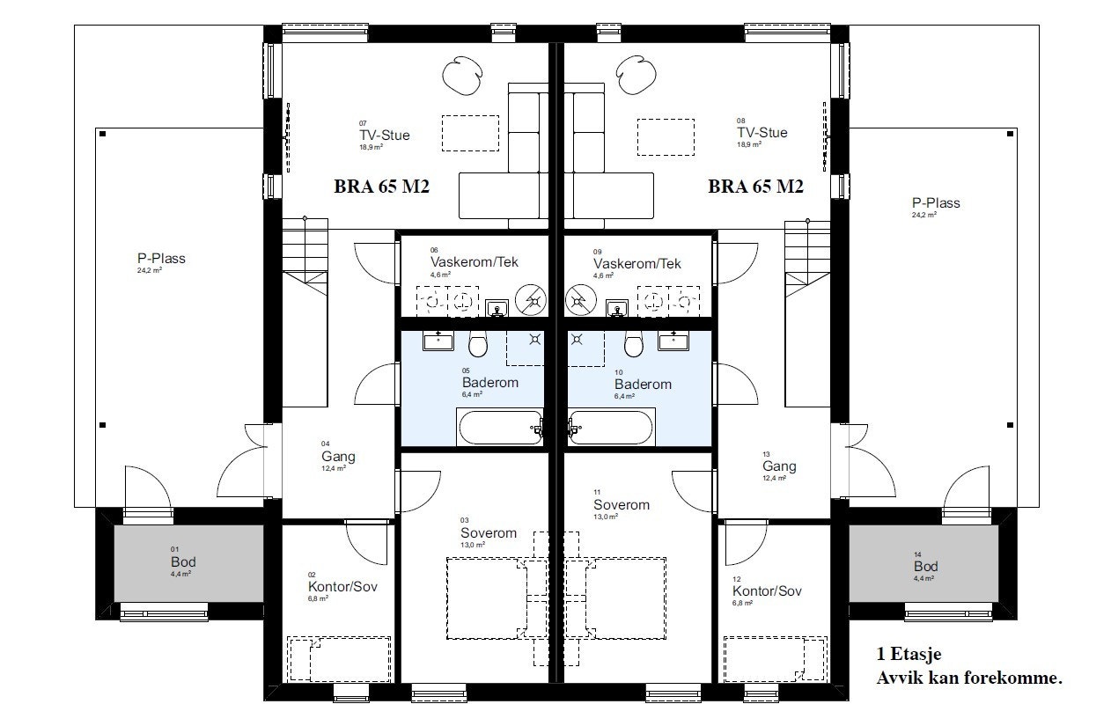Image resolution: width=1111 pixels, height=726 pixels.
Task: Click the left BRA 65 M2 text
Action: point(381,187)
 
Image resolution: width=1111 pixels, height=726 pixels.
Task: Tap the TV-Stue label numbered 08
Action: point(762,133)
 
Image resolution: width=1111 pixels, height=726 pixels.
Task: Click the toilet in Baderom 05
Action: point(478,343)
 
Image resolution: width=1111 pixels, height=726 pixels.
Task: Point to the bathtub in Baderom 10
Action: point(610,429)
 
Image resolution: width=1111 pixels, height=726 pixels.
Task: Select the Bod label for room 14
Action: point(925,566)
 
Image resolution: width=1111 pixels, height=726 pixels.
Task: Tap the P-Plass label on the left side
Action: point(161,259)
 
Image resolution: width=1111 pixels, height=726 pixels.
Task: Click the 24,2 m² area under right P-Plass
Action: point(923,215)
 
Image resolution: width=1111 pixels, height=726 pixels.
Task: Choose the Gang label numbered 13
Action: point(779,466)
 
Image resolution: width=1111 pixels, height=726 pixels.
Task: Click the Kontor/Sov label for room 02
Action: point(342,587)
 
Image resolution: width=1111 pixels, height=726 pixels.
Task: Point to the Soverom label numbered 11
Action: point(621,505)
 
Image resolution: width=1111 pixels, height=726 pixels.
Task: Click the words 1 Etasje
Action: point(909,656)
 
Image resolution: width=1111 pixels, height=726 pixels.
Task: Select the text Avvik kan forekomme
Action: point(969,678)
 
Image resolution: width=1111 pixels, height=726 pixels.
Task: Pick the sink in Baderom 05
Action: point(437,341)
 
